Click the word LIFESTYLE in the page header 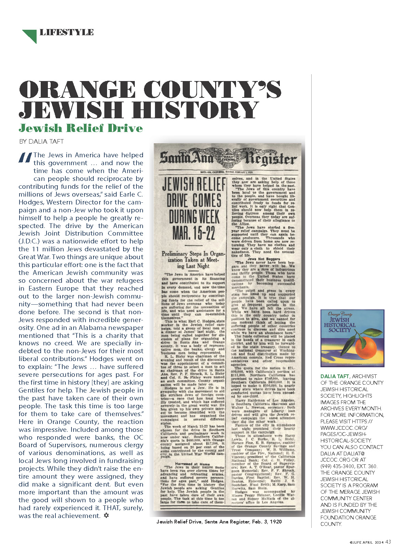click(66, 32)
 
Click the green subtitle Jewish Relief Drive click(81, 128)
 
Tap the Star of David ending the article click(106, 515)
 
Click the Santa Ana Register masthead click(228, 158)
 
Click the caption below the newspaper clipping click(219, 522)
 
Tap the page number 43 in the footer click(388, 542)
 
